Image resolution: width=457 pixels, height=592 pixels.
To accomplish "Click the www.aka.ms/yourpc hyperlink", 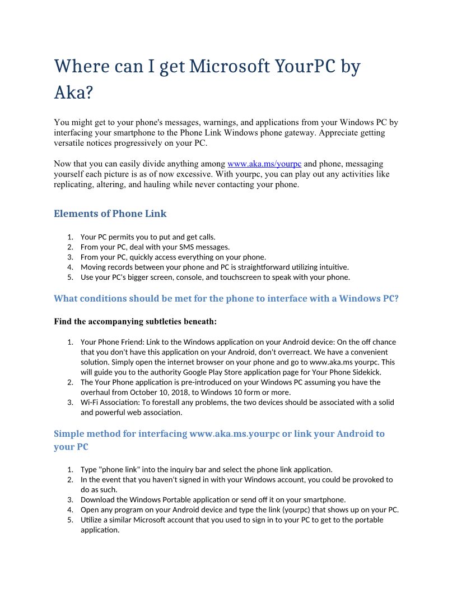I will [264, 164].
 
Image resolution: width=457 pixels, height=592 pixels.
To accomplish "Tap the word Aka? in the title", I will [73, 92].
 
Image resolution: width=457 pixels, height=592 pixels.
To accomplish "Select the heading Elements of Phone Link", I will [110, 214].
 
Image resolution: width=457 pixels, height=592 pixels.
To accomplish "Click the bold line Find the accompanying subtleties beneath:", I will [135, 321].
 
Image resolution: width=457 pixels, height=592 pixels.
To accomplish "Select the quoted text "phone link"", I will [119, 469].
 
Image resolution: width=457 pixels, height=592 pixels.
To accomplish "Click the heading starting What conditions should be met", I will [226, 298].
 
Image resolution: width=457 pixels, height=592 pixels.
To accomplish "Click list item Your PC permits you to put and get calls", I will [148, 237].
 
